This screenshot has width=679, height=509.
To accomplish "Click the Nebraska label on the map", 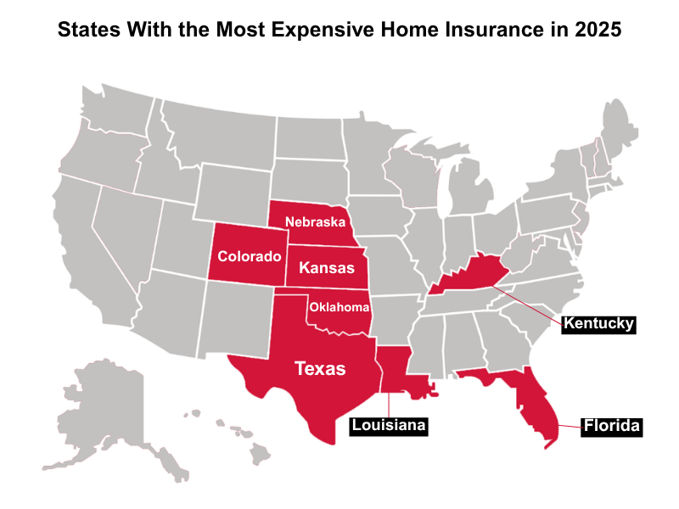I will (315, 222).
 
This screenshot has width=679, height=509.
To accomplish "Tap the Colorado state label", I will (249, 256).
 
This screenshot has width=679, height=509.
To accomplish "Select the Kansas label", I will (327, 268).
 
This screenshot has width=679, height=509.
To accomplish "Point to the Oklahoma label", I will (339, 306).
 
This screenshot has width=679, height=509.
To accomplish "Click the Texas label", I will (319, 368).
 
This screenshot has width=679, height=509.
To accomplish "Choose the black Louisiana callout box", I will (388, 425).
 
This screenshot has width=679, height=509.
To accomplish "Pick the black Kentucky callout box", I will (598, 324).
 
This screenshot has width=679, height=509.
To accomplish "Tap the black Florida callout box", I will (610, 426).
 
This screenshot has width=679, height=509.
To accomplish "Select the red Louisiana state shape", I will (396, 369).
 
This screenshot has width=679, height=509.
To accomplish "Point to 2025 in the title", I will (599, 30).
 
